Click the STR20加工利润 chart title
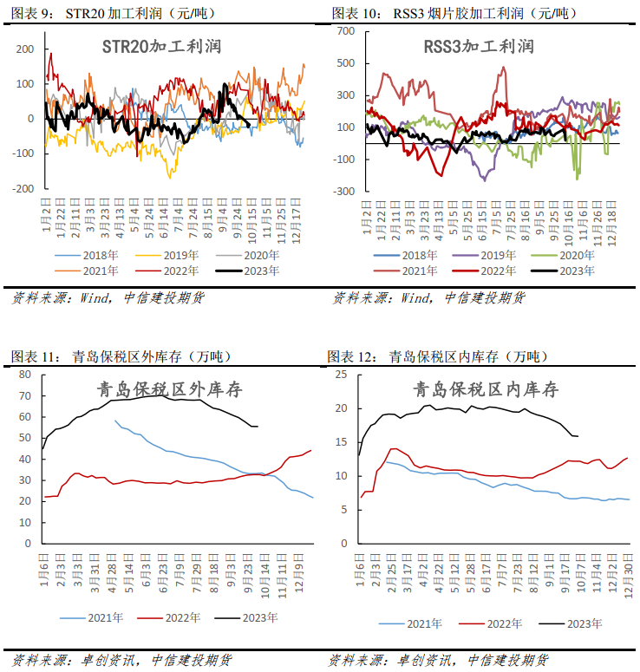click(x=161, y=47)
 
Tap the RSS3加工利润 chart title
click(x=479, y=47)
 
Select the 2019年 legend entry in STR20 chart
click(x=167, y=256)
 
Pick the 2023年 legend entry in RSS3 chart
click(x=563, y=271)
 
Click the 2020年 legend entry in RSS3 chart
click(x=563, y=256)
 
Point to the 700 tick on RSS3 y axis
click(x=346, y=31)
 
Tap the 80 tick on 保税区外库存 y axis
click(x=25, y=375)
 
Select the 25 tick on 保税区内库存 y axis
click(x=341, y=375)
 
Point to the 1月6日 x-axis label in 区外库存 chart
click(x=44, y=570)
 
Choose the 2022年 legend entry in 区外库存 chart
click(x=169, y=617)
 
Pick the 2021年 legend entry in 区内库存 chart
click(x=411, y=623)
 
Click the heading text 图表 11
click(x=36, y=356)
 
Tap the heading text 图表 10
click(x=356, y=13)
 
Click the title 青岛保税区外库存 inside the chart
click(x=170, y=389)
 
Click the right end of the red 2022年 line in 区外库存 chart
click(x=311, y=450)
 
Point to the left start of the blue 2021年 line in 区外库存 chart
click(x=114, y=421)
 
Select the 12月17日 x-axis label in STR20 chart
click(x=297, y=221)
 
